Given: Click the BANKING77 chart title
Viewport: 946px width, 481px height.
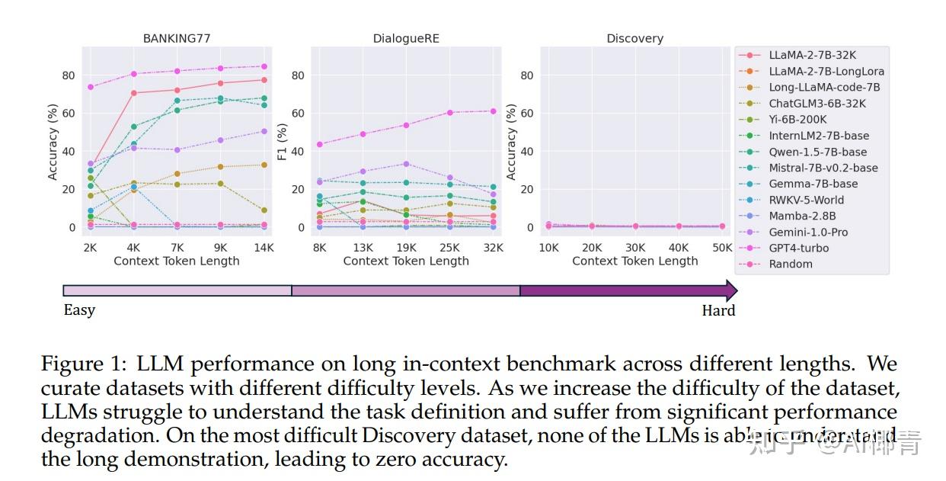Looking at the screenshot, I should coord(177,38).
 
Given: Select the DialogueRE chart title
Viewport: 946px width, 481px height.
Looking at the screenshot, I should coord(406,38).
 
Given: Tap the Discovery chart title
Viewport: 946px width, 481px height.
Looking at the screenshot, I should coord(634,38).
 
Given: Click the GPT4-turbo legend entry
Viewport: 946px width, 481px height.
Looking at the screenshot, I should coord(798,248).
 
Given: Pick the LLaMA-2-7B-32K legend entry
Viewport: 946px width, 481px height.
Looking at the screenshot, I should coord(812,55).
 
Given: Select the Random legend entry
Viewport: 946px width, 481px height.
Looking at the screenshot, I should coord(791,264).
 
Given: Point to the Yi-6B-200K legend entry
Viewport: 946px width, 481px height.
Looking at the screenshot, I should coord(797,119).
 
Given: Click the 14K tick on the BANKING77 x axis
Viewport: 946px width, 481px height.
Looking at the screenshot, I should coord(264,248).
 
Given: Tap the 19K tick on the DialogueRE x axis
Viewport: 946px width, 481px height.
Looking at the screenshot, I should coord(406,248).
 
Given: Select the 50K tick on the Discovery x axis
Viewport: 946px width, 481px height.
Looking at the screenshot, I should coord(721,248).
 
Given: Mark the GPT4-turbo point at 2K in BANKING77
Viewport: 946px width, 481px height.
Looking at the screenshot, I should coord(91,87).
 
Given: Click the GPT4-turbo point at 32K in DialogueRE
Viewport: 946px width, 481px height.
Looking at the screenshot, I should coord(493,111).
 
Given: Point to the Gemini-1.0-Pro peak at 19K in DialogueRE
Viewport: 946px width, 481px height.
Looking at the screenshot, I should coord(406,164).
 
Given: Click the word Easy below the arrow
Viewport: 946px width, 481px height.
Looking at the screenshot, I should coord(79,310).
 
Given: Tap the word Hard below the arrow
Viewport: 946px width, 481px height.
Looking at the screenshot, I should coord(718,310).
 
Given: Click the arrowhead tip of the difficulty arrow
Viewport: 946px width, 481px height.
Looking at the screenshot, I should coord(736,290).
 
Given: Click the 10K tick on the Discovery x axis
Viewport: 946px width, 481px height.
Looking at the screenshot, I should coord(548,248).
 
